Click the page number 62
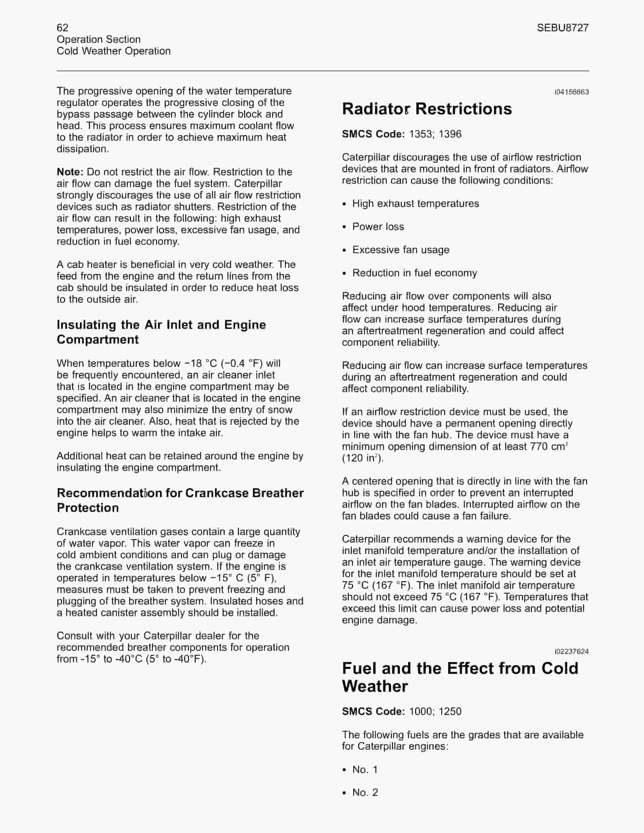63,27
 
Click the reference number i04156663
571,92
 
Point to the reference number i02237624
571,652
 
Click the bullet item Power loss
378,227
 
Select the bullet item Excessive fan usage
401,250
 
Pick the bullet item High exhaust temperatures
415,204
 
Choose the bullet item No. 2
365,792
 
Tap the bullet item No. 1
365,769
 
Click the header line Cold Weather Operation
113,51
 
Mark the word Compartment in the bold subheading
98,339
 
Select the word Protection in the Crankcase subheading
88,508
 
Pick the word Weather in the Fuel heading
375,687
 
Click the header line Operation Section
98,39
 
